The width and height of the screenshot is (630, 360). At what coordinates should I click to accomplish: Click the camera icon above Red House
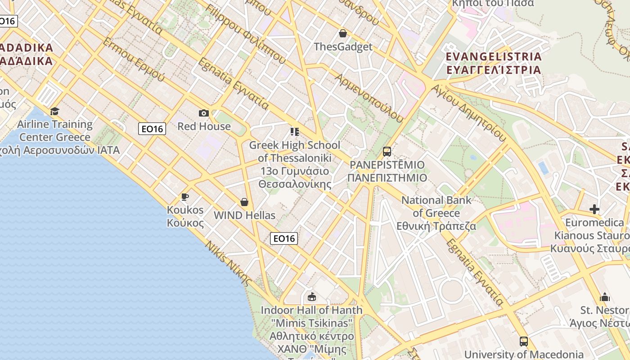click(x=204, y=113)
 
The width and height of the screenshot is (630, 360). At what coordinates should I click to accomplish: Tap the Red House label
click(x=204, y=126)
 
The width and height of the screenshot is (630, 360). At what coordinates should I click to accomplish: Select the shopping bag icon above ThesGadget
click(x=343, y=33)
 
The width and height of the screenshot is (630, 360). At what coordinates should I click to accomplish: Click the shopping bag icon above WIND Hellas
click(x=244, y=202)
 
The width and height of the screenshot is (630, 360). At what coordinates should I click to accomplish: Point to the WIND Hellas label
click(x=244, y=216)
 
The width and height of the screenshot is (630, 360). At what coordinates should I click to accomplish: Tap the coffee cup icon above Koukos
click(x=184, y=197)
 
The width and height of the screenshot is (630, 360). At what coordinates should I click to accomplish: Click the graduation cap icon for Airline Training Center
click(x=54, y=111)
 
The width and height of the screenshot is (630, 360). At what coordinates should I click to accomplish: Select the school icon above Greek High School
click(x=295, y=132)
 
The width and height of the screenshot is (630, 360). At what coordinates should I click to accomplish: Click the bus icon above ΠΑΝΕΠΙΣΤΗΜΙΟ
click(x=387, y=152)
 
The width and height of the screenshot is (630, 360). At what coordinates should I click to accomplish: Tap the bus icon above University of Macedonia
click(x=523, y=341)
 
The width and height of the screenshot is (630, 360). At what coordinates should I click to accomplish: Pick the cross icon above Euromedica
click(x=594, y=209)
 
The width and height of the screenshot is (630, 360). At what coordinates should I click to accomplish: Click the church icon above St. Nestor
click(x=605, y=297)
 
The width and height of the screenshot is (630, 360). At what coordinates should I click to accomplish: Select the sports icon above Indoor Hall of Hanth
click(x=311, y=297)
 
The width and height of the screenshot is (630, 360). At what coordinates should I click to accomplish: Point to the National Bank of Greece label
click(x=436, y=213)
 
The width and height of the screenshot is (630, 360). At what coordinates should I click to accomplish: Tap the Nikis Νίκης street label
click(x=228, y=263)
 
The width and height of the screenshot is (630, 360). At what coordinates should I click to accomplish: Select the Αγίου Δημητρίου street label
click(x=468, y=112)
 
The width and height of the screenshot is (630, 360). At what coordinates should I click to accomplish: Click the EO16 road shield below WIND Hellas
click(x=284, y=238)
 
